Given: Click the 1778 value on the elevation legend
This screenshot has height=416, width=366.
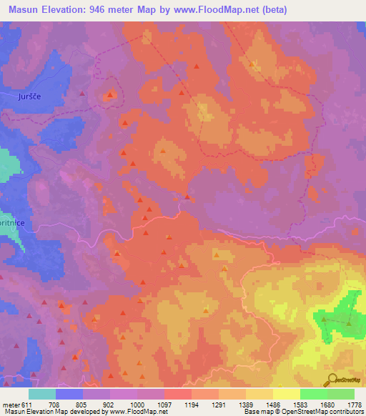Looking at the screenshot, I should pos(354,404).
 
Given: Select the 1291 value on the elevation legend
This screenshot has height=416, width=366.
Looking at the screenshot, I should pos(219,404).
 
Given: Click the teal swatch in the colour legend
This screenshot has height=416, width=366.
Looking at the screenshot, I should pos(42,394).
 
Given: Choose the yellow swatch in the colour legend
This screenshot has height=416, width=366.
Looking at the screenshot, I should pos(286,394).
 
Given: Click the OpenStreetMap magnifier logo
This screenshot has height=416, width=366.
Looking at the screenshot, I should pos(332,380).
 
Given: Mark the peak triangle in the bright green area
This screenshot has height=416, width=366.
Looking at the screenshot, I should pos(348,323).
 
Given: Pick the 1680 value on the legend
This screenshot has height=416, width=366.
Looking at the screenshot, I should pos(327,404).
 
